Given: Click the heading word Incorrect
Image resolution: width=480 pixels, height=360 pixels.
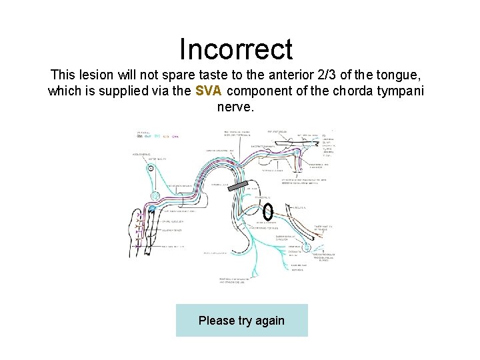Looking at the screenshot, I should click(x=236, y=49).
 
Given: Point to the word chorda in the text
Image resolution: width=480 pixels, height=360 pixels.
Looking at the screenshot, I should click(x=346, y=91).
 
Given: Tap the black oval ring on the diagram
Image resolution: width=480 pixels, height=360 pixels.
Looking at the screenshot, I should click(x=267, y=211).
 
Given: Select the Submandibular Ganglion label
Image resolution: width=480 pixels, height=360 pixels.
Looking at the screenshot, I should click(x=285, y=238).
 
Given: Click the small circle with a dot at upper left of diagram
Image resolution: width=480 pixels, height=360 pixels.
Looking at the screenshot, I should click(x=151, y=169).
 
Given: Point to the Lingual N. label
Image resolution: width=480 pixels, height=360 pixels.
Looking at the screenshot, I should click(x=301, y=207).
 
